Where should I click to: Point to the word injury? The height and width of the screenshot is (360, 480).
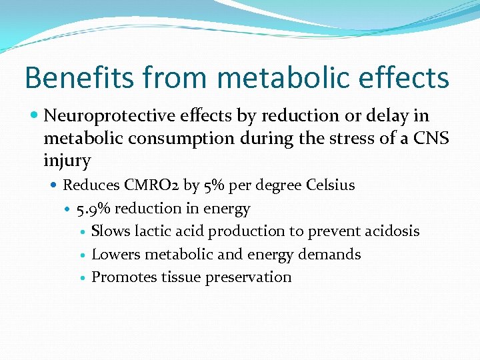[x=67, y=161]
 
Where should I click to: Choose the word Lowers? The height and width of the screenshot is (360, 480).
[x=115, y=254]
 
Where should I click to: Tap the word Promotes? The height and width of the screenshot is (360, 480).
[x=124, y=277]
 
